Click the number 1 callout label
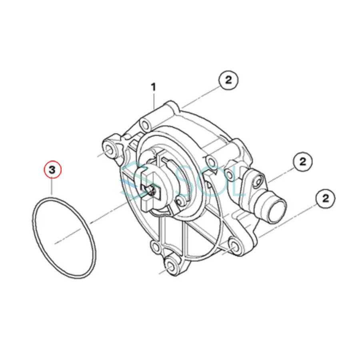(x=153, y=87)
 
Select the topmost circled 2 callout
(x=228, y=80)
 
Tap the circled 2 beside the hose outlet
(x=302, y=162)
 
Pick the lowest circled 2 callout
(x=325, y=198)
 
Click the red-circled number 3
(x=52, y=170)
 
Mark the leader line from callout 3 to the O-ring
(x=52, y=186)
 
